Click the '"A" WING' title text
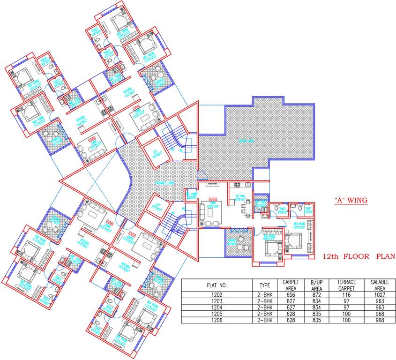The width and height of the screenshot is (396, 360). pyautogui.click(x=351, y=200)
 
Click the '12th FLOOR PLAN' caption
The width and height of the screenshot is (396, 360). pyautogui.click(x=359, y=256)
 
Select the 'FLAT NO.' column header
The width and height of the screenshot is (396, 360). pyautogui.click(x=217, y=285)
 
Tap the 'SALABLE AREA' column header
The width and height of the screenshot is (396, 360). pyautogui.click(x=380, y=285)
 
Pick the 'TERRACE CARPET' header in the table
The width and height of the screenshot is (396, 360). pyautogui.click(x=347, y=285)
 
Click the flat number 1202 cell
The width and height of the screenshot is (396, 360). pyautogui.click(x=217, y=295)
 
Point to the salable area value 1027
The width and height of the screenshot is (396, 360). pyautogui.click(x=380, y=295)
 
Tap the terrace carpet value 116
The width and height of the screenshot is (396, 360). pyautogui.click(x=347, y=295)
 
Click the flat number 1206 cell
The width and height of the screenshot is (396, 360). pyautogui.click(x=217, y=320)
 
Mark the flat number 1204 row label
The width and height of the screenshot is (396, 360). pyautogui.click(x=217, y=307)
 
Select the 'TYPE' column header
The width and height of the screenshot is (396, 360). pyautogui.click(x=264, y=285)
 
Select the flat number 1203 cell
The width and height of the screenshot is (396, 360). pyautogui.click(x=217, y=301)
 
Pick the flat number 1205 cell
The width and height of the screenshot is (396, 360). pyautogui.click(x=217, y=314)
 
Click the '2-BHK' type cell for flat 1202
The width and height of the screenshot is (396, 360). pyautogui.click(x=264, y=295)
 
